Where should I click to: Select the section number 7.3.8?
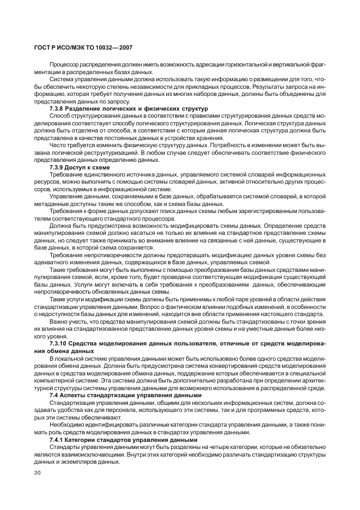[58, 109]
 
